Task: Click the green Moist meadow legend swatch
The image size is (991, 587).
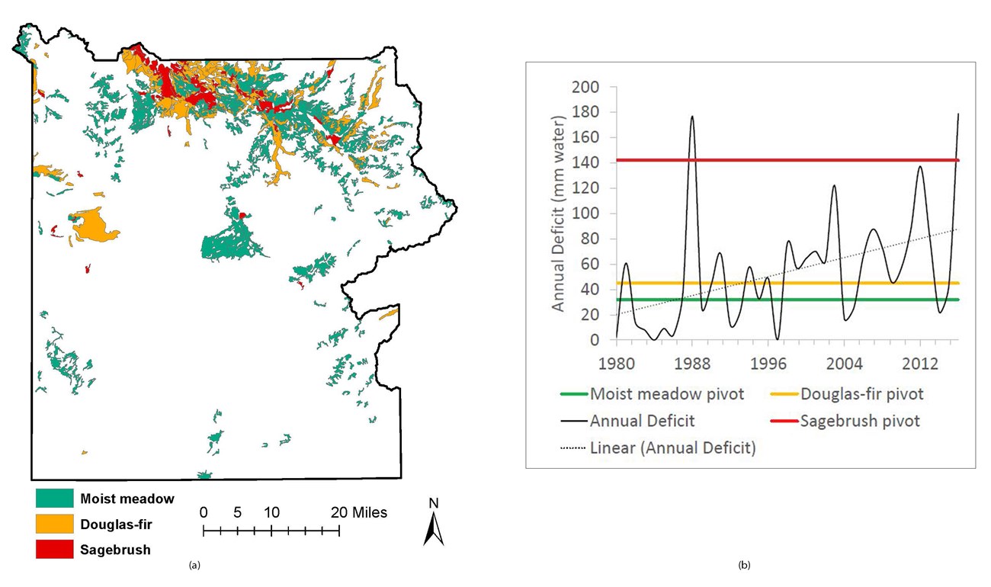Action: [54, 499]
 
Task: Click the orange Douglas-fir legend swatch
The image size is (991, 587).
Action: [54, 524]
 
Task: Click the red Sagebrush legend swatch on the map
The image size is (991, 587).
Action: [54, 549]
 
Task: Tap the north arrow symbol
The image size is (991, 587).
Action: [434, 523]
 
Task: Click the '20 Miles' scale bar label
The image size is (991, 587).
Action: [359, 512]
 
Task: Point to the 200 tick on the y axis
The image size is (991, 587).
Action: [587, 87]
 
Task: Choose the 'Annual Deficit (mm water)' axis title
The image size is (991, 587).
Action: [558, 213]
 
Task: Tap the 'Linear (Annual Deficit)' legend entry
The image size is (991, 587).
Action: [672, 447]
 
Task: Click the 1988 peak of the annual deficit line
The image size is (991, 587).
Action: [692, 117]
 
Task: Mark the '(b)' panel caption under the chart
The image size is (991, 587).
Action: [744, 565]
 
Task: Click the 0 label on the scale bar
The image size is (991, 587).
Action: [204, 512]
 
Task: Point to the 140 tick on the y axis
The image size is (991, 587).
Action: [587, 163]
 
